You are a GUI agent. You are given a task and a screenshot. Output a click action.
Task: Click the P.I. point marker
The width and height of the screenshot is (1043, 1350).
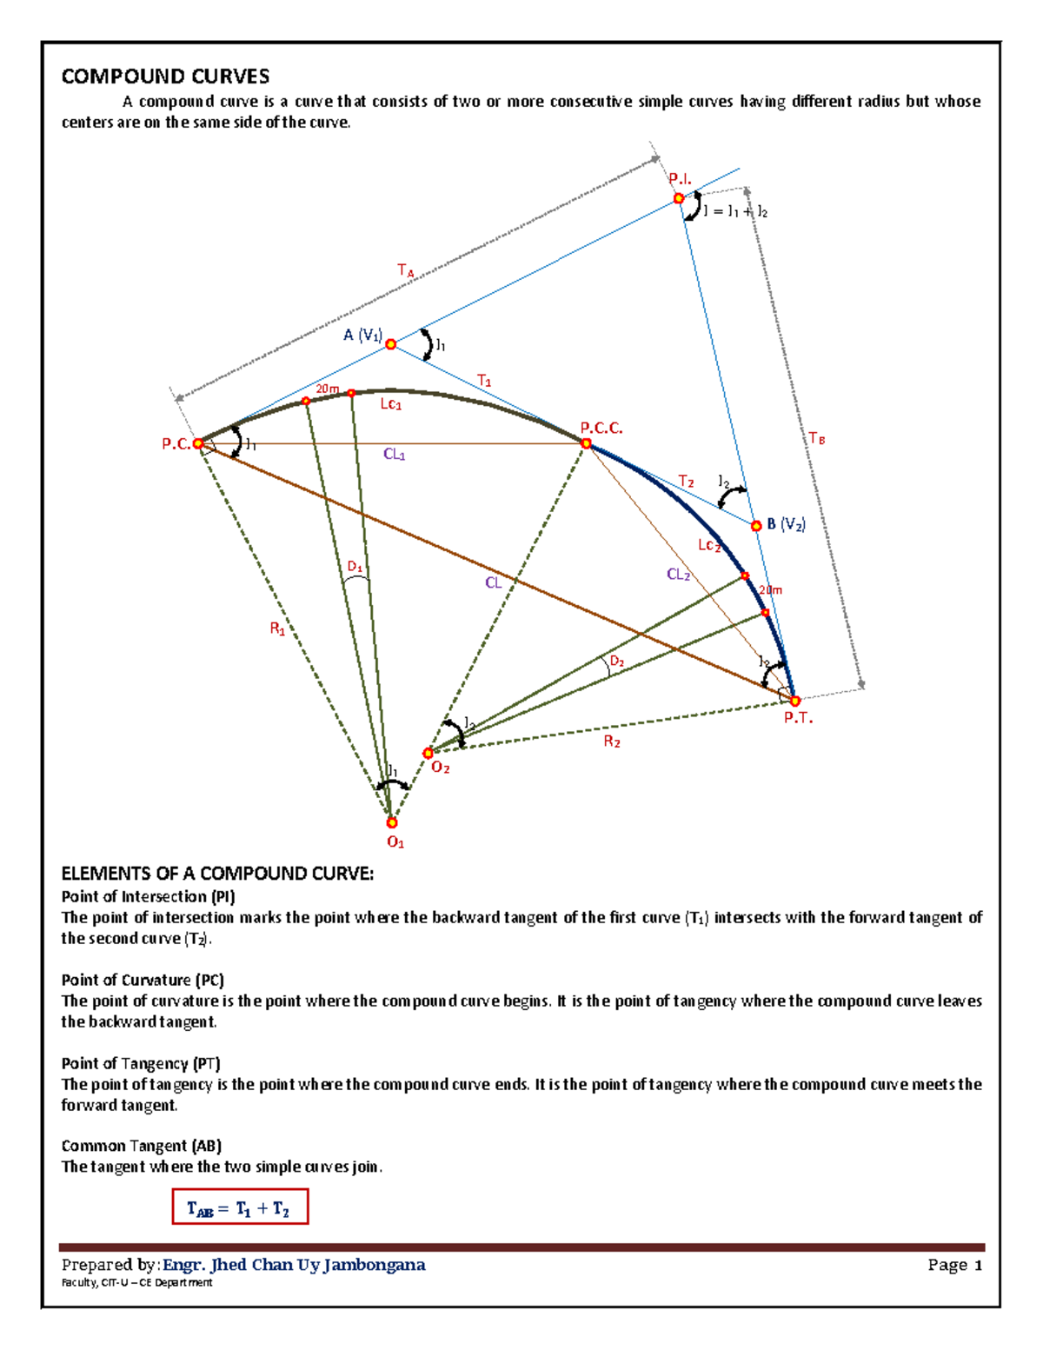[x=679, y=198]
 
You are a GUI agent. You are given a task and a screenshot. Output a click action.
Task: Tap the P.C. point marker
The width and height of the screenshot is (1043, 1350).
[x=198, y=443]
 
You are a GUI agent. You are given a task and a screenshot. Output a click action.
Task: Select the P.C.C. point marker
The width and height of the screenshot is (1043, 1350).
[x=586, y=443]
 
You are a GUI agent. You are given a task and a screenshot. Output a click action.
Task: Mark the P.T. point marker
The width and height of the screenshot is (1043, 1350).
[x=794, y=701]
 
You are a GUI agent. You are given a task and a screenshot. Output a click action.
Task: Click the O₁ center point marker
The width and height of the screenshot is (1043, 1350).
[x=392, y=822]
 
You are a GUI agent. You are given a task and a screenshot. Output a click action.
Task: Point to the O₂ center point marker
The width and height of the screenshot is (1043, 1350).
[x=428, y=753]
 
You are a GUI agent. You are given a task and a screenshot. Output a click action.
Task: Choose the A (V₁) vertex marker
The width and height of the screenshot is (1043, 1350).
[x=391, y=344]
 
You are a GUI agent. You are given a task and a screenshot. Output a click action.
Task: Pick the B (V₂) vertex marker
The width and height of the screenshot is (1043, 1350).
[x=756, y=526]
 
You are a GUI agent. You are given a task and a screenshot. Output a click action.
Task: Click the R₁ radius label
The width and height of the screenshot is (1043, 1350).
[x=277, y=629]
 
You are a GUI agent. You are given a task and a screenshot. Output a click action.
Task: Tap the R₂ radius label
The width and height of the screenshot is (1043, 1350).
[x=612, y=742]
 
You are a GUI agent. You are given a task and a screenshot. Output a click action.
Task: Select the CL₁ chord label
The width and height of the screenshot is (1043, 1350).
[x=394, y=455]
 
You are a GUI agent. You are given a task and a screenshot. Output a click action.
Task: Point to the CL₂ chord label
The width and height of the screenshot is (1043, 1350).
[x=678, y=575]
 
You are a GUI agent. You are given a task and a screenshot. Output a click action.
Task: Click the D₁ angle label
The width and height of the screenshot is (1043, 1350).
[x=355, y=568]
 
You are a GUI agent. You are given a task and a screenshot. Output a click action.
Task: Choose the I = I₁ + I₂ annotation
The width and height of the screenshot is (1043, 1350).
[x=735, y=211]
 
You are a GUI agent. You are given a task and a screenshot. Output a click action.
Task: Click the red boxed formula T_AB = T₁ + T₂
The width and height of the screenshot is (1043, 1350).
[x=240, y=1207]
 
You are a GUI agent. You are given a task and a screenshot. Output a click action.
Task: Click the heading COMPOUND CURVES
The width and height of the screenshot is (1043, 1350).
[x=165, y=76]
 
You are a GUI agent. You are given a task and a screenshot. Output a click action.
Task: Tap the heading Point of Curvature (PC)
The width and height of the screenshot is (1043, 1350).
[x=143, y=980]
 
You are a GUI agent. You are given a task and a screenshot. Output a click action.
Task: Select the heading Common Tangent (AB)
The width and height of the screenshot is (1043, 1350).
[x=141, y=1146]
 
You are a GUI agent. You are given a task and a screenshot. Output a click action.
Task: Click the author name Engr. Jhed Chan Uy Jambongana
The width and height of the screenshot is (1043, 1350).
[x=294, y=1265]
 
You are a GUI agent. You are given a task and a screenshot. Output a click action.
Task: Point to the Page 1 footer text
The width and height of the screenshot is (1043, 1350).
[x=954, y=1265]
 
